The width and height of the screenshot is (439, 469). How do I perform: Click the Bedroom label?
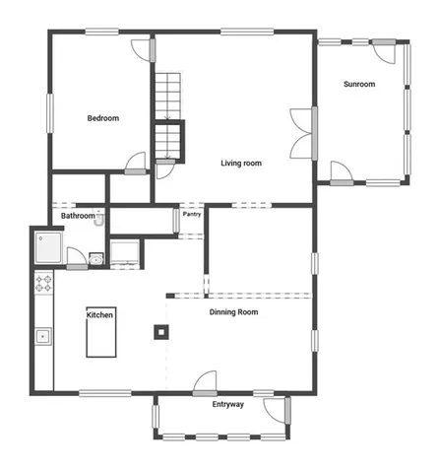[102, 118]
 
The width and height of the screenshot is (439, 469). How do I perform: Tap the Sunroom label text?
[358, 84]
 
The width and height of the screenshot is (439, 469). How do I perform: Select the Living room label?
[240, 163]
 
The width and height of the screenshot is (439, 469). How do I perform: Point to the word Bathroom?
[78, 216]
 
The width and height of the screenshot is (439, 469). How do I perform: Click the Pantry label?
[192, 214]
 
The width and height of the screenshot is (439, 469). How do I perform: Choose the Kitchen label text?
[100, 314]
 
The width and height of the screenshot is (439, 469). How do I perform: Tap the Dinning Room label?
[233, 312]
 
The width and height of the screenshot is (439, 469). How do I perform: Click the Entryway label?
[229, 405]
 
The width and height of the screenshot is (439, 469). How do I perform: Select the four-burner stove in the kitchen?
[44, 284]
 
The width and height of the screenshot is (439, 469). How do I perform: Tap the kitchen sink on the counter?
[42, 336]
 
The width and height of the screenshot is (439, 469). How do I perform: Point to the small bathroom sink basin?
[94, 259]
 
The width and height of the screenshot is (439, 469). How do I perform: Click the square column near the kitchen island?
[159, 331]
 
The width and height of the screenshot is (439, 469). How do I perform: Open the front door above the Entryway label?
[205, 380]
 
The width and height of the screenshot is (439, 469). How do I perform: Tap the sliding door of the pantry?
[176, 219]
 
